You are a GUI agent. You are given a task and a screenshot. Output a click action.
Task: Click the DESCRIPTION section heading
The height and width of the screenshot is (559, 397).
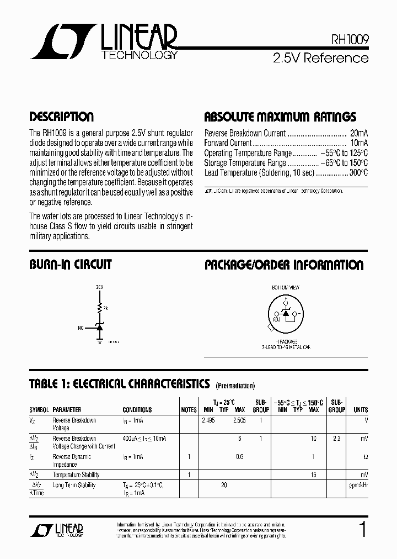tap(61, 117)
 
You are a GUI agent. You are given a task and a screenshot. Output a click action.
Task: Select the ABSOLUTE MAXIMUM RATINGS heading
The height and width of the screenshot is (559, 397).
tap(280, 117)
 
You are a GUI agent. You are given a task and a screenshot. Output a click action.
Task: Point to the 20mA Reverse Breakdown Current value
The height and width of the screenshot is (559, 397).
tap(359, 133)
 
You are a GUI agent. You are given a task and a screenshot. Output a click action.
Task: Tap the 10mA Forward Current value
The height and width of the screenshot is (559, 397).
tap(359, 143)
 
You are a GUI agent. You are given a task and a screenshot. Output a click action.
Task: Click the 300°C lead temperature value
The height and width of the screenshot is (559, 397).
tap(358, 173)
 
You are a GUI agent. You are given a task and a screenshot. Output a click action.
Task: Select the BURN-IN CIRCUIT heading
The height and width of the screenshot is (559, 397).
tap(70, 265)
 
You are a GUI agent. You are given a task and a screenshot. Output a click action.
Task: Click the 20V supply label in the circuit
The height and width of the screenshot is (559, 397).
tap(99, 288)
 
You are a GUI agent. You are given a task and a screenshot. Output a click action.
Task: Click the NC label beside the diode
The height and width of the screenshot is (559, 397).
tap(81, 328)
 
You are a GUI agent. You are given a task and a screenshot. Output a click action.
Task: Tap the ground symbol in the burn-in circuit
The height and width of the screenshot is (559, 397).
tap(100, 341)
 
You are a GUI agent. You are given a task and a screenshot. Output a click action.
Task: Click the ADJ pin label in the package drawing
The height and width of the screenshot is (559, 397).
tap(276, 319)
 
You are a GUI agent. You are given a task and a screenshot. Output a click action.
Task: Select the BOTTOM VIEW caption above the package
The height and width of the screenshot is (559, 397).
tap(285, 288)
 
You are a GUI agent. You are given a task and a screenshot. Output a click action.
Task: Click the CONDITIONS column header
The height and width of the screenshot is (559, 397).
tap(137, 410)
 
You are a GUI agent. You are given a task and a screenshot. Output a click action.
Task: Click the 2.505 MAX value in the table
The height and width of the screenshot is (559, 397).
tap(239, 420)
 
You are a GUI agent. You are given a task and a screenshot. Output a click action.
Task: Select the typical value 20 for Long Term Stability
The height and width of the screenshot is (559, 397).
tap(224, 486)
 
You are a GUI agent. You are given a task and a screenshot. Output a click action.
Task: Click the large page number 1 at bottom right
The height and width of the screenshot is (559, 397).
tap(362, 530)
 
